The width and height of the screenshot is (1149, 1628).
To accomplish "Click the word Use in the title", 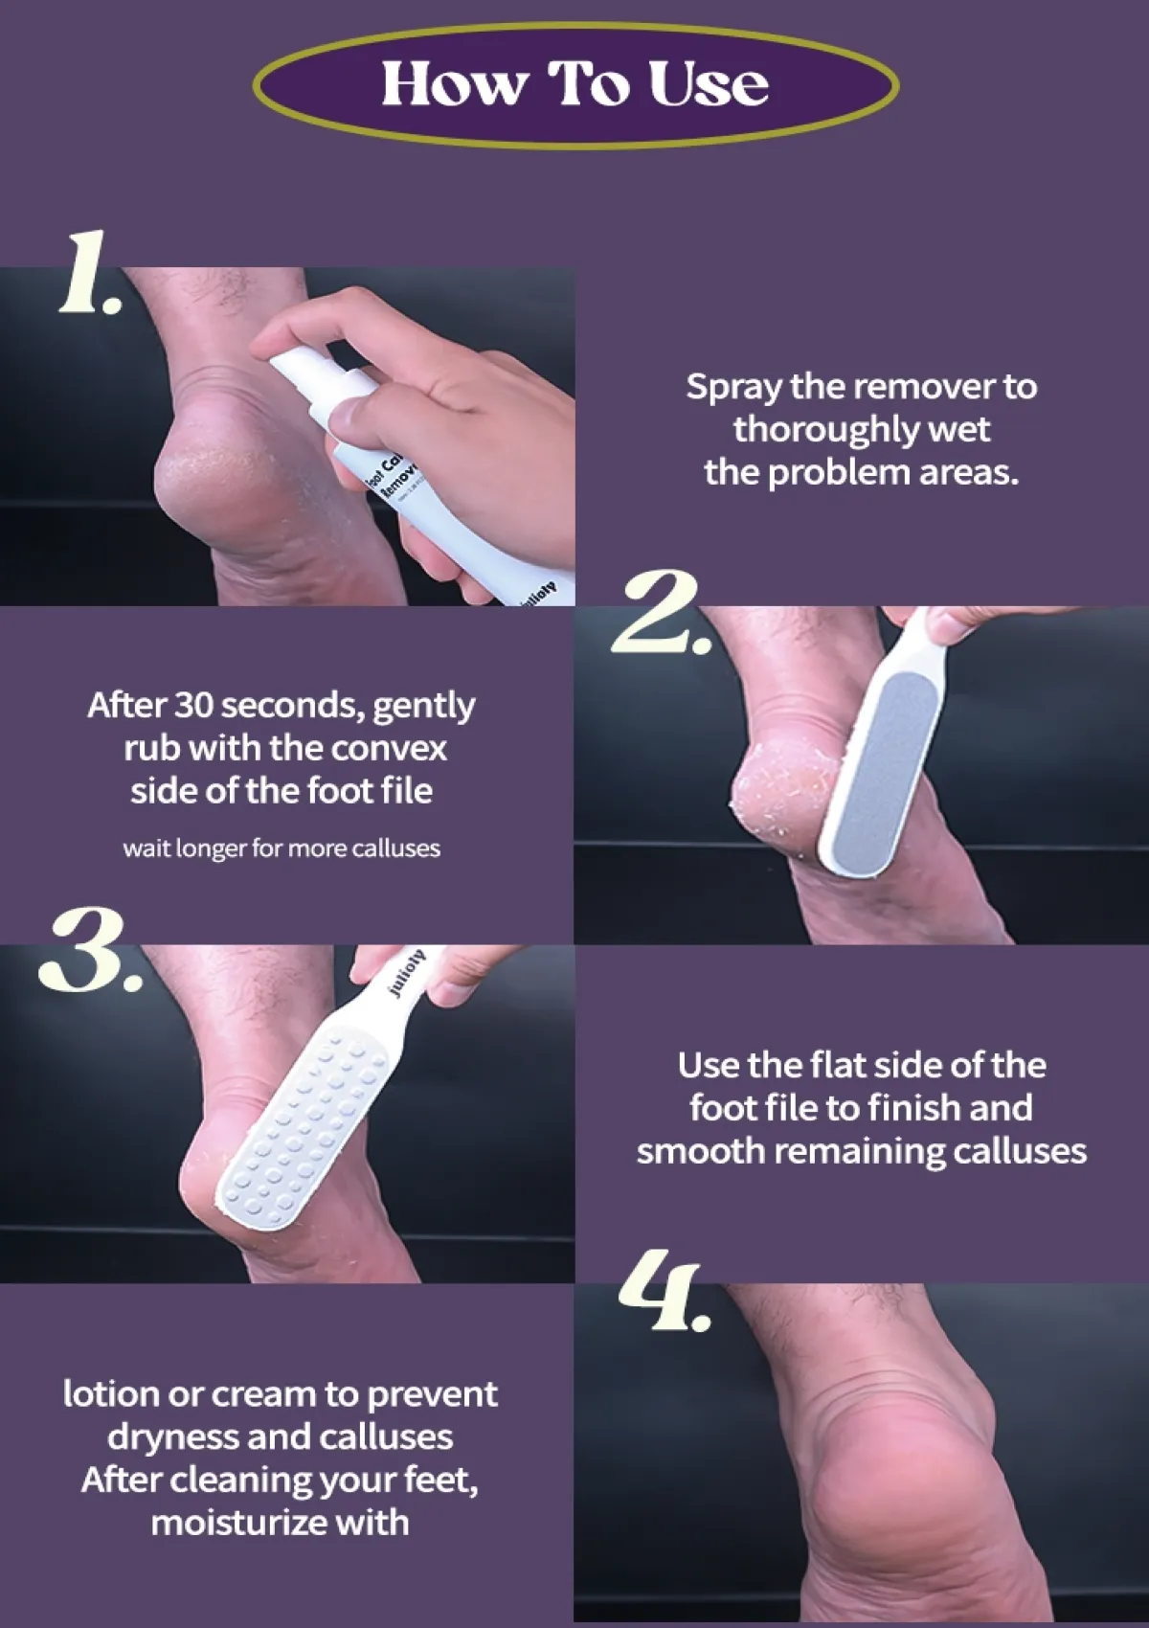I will click(709, 84).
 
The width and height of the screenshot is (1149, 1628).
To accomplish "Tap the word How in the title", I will click(453, 84).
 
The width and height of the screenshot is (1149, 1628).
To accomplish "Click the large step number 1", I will click(88, 276).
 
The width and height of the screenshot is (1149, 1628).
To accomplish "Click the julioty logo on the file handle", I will click(408, 974).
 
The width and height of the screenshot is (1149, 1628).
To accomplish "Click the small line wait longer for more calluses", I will click(282, 848).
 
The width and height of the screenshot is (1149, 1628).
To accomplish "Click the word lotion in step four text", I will click(111, 1393).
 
